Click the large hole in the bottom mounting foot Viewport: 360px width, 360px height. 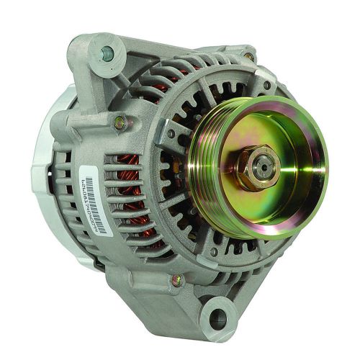coord(217,318)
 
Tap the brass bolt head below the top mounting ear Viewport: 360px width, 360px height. coord(120,123)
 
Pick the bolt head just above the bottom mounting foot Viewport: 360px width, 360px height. coord(176,279)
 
